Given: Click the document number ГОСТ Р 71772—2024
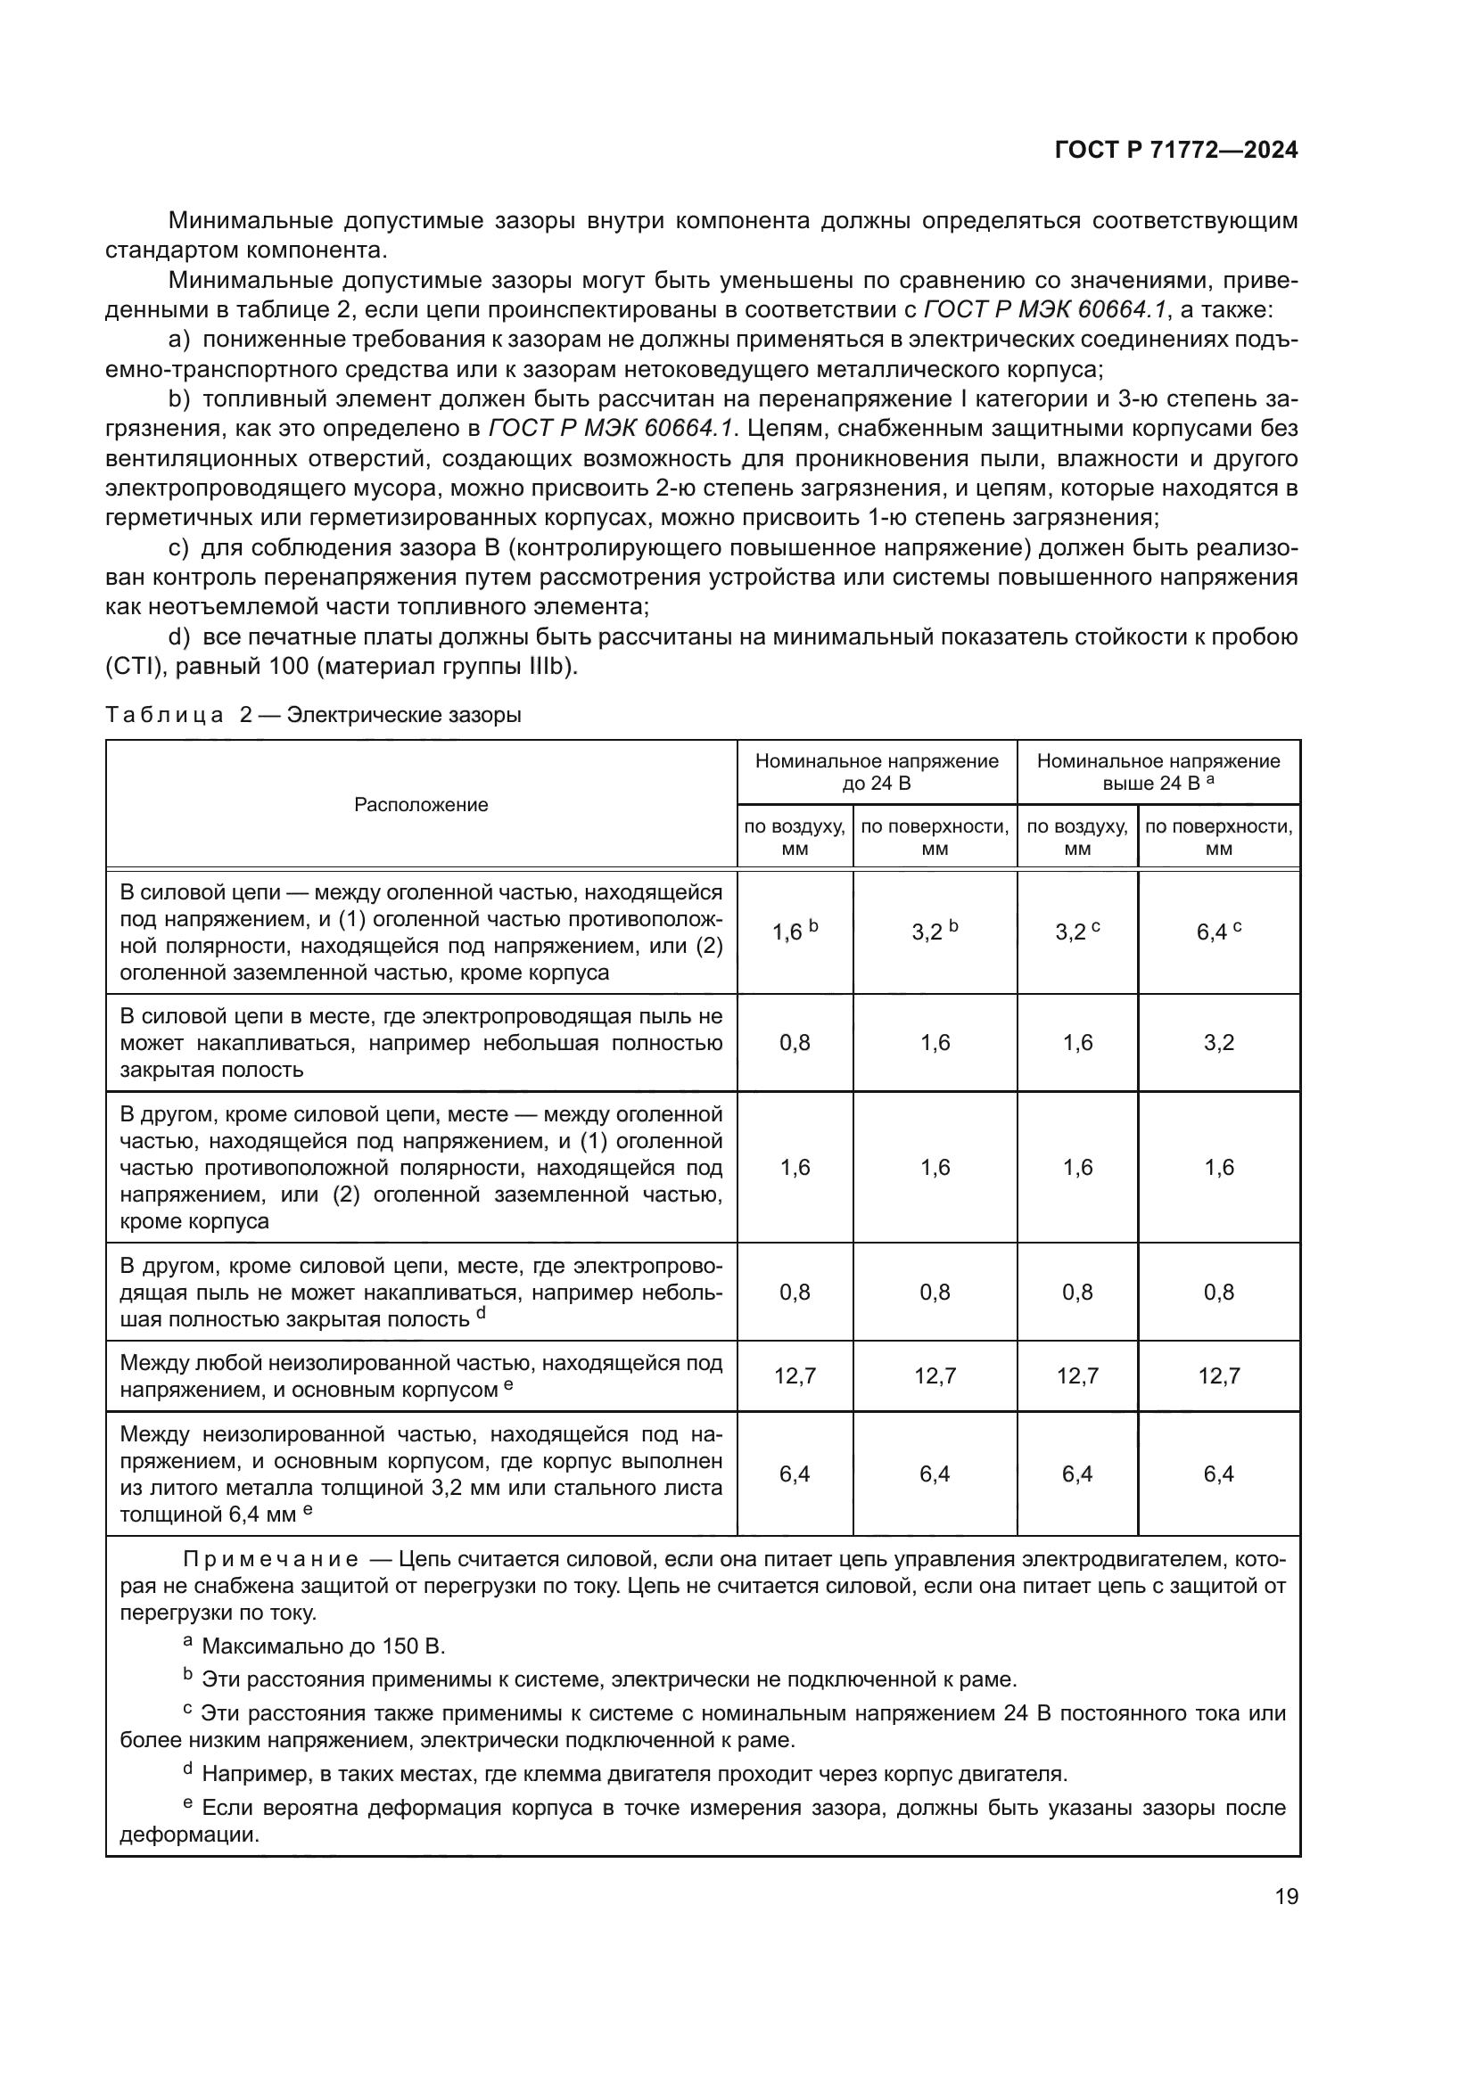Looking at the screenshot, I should click(1175, 150).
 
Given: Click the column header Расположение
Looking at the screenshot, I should click(421, 805).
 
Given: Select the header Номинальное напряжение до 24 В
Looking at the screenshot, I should click(877, 772).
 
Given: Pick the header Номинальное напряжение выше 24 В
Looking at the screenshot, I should click(1158, 772).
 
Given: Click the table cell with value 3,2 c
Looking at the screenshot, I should click(1077, 932).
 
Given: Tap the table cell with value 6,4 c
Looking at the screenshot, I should click(1218, 932).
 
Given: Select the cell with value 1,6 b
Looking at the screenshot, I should click(795, 932).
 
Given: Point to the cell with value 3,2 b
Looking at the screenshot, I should click(935, 932).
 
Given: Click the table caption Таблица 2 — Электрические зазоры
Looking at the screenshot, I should click(313, 715).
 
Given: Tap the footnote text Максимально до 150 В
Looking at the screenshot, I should click(323, 1646).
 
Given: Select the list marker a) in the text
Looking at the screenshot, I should click(179, 340).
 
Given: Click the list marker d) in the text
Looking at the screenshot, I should click(179, 637).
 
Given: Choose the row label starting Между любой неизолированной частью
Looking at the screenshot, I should click(421, 1376).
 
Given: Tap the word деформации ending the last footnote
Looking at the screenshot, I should click(188, 1835).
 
